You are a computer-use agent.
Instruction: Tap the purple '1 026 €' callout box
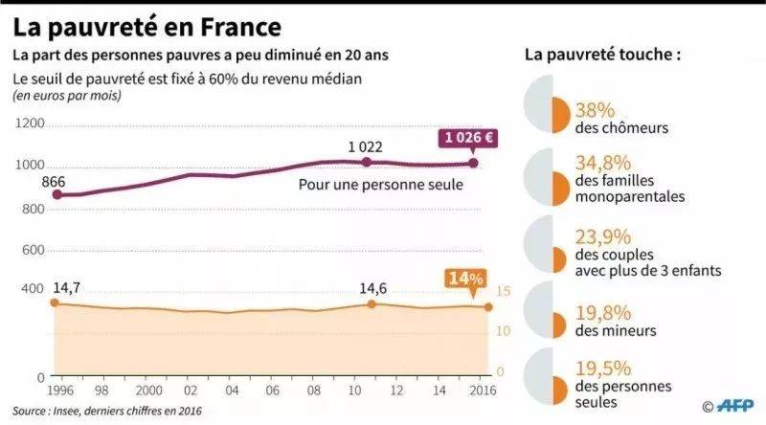coord(467,138)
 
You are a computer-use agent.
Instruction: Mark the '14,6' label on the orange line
coord(369,286)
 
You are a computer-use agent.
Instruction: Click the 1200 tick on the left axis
coord(30,124)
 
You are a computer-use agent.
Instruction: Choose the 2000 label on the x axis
coord(147,391)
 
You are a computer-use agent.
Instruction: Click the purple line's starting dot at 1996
coord(56,195)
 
